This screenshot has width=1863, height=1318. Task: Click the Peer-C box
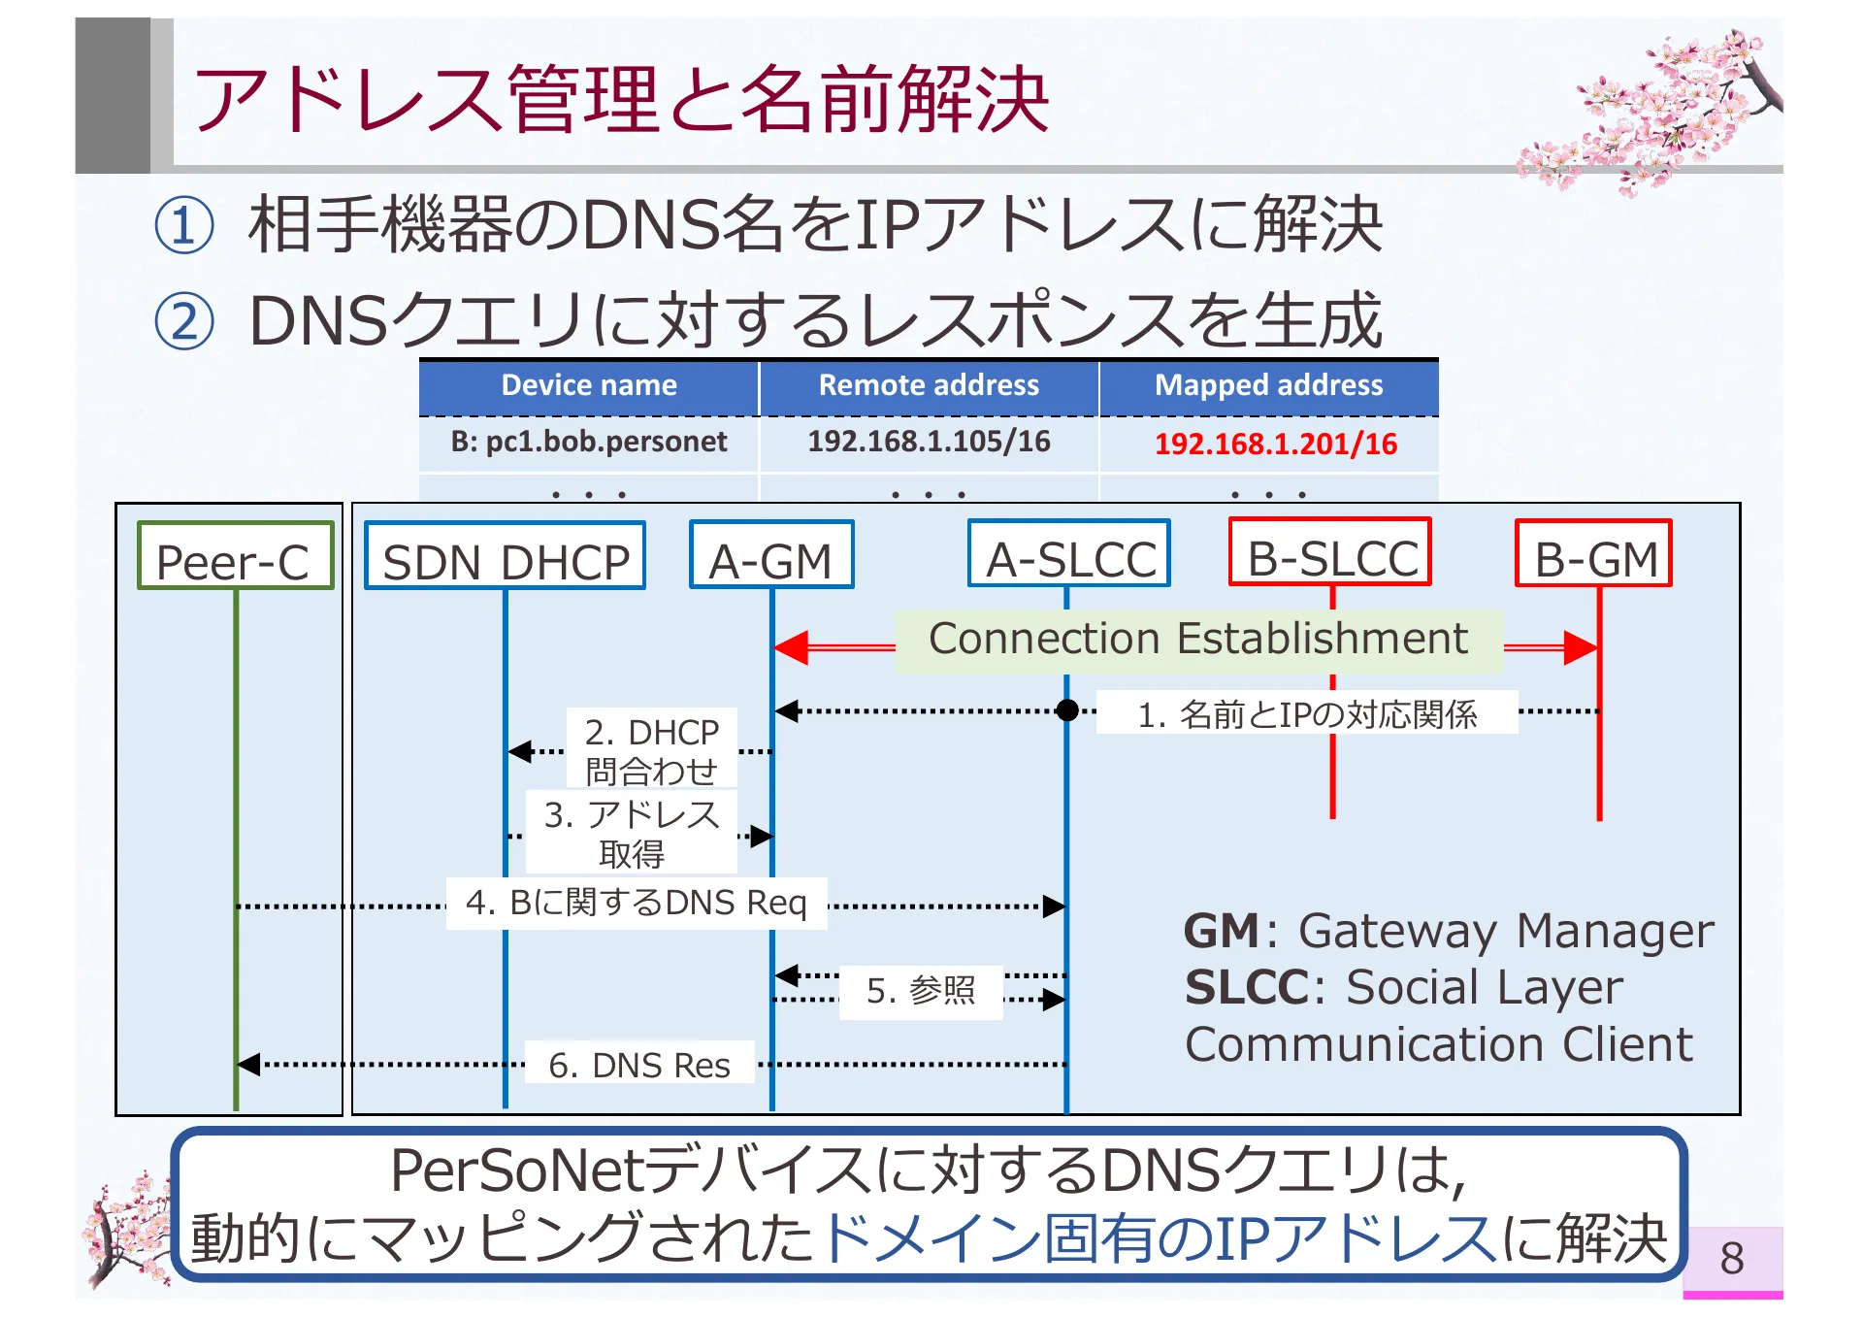coord(235,556)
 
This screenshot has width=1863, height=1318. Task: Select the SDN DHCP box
coord(505,556)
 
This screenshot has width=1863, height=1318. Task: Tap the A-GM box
coord(771,555)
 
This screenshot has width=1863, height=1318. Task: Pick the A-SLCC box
coord(1069,554)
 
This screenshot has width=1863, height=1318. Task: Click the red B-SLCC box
coord(1330,552)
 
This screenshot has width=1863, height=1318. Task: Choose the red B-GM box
coord(1593,554)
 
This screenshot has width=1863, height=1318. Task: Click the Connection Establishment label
coord(1197,641)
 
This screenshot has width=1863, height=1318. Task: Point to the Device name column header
coord(589,386)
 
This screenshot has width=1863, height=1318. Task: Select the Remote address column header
coord(929,386)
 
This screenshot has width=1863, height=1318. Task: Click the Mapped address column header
coord(1268,386)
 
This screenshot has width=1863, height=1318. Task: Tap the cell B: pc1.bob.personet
coord(589,443)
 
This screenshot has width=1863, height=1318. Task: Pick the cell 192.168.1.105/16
coord(929,443)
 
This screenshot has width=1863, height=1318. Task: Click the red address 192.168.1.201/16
coord(1275,445)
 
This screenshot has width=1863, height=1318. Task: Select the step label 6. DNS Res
coord(639,1065)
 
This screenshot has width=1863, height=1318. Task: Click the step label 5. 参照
coord(920,991)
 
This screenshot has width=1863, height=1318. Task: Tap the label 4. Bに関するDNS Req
coord(636,904)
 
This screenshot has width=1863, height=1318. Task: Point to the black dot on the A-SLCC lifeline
coord(1067,711)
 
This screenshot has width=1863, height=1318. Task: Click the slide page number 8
coord(1732,1259)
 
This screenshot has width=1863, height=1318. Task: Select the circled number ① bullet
coord(184,226)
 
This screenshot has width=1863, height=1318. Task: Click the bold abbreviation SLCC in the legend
coord(1247,988)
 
